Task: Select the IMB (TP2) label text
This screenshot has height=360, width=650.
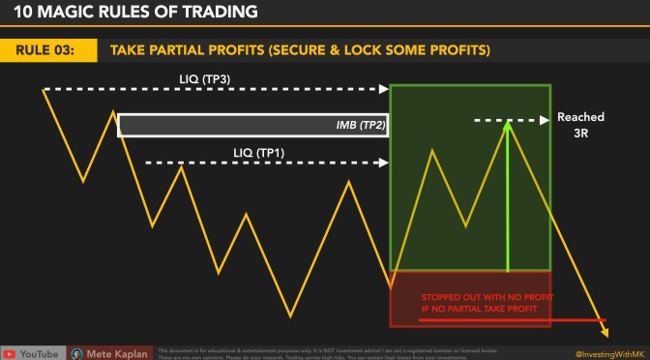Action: pos(353,126)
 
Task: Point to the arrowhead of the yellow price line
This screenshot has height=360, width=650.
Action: pos(606,335)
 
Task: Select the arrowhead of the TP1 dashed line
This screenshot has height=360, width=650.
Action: pos(385,164)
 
